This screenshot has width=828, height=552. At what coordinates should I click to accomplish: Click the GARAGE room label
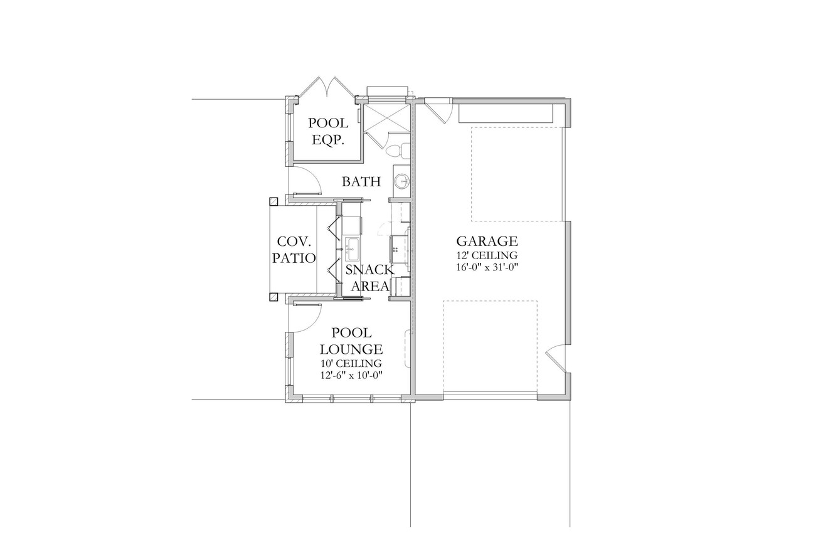tap(487, 241)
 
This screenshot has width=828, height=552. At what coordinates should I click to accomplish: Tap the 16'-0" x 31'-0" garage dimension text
tap(487, 267)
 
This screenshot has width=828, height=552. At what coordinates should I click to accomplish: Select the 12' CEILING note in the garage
tap(487, 255)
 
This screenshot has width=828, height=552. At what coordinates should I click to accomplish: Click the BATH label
tap(361, 182)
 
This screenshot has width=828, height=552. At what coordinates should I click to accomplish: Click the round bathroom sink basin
tap(401, 181)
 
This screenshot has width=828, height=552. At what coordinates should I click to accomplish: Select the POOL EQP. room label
tap(328, 132)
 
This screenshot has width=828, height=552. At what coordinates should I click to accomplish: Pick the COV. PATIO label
tap(297, 249)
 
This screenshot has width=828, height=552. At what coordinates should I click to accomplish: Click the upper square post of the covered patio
tap(273, 201)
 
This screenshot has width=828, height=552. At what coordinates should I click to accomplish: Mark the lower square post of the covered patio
tap(273, 297)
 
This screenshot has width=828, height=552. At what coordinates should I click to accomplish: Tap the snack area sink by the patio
tap(351, 250)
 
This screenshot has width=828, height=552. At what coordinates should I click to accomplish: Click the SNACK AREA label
tap(370, 278)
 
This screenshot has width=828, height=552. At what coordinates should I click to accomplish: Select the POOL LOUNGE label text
tap(351, 341)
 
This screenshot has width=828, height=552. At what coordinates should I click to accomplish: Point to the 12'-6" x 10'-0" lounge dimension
tap(351, 375)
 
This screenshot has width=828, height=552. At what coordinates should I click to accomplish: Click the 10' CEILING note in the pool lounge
tap(351, 363)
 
